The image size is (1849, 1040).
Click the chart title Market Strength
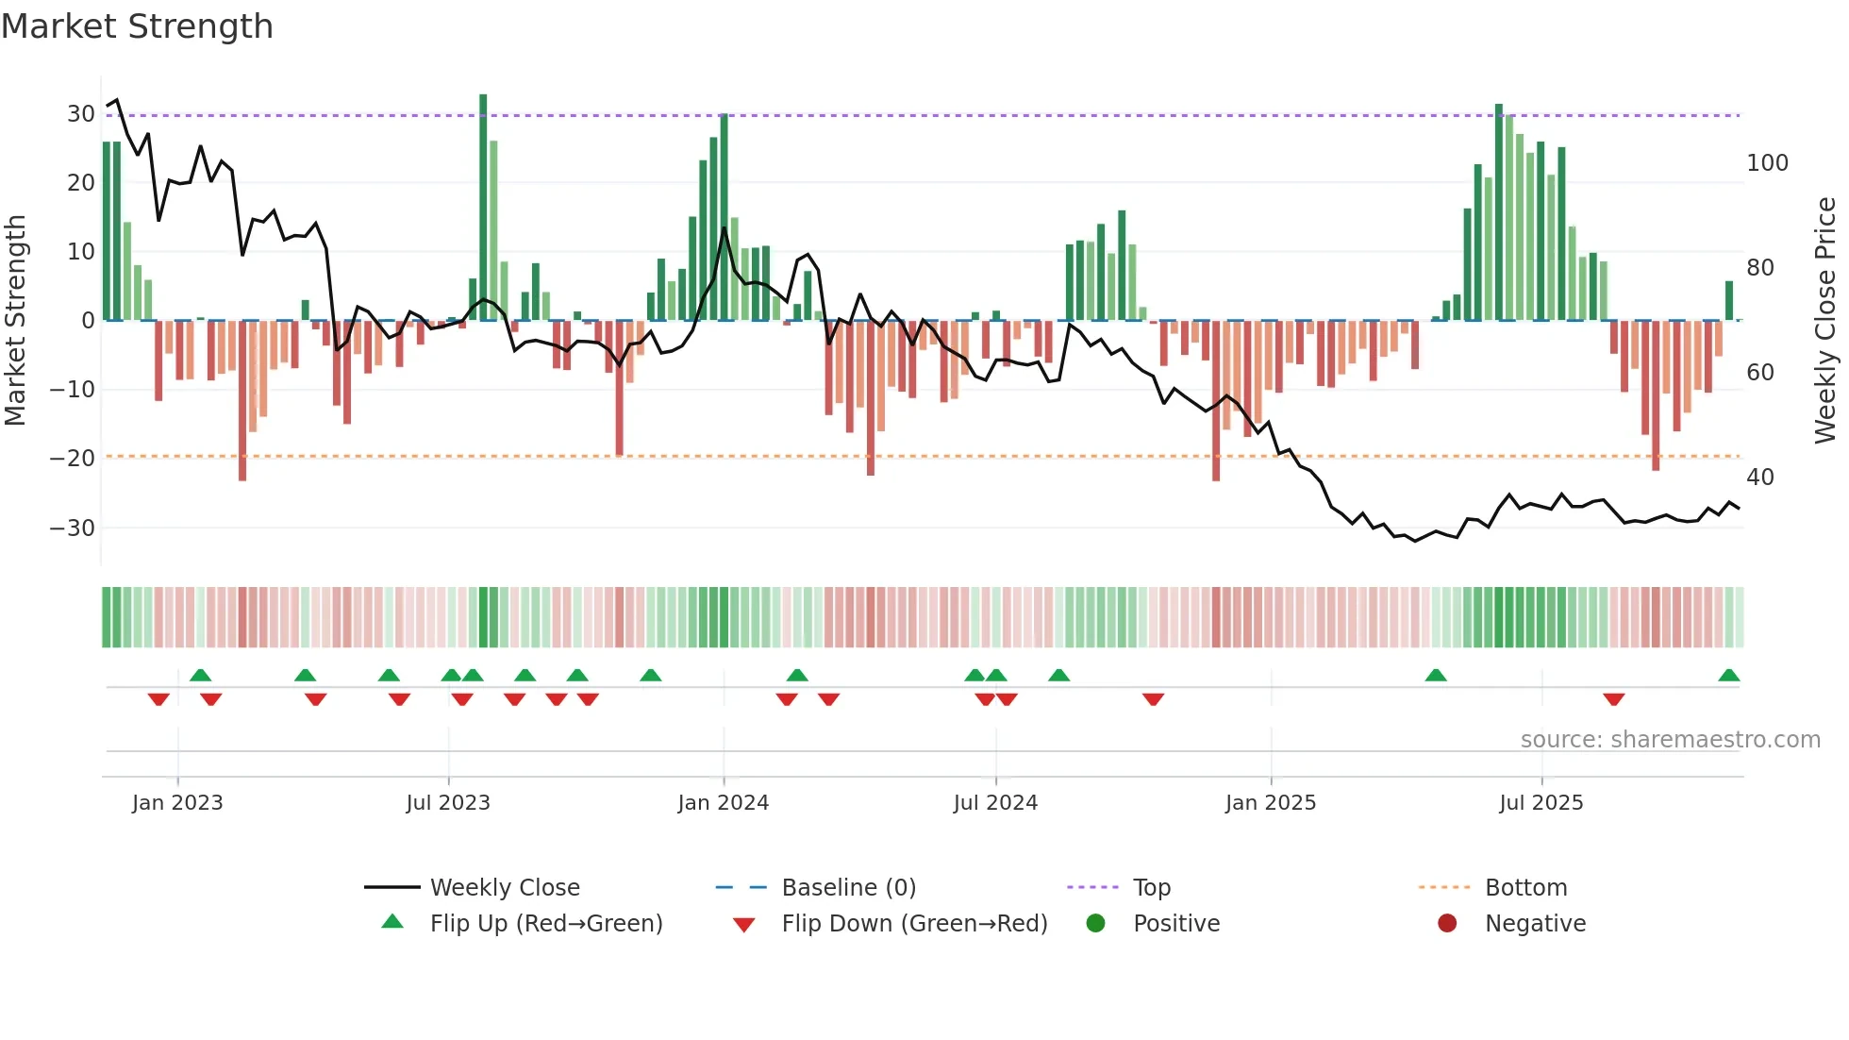pyautogui.click(x=137, y=26)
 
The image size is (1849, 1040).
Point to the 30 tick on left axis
pyautogui.click(x=81, y=114)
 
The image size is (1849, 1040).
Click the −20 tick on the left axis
pyautogui.click(x=73, y=459)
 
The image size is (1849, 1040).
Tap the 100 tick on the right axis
pyautogui.click(x=1767, y=163)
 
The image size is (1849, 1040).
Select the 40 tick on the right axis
pyautogui.click(x=1759, y=478)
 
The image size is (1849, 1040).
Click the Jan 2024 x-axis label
pyautogui.click(x=723, y=803)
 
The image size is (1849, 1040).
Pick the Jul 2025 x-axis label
pyautogui.click(x=1541, y=803)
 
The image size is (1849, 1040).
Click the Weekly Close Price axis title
pyautogui.click(x=1825, y=321)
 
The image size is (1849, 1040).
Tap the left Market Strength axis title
pyautogui.click(x=16, y=321)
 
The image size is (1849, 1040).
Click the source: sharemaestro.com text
pyautogui.click(x=1670, y=740)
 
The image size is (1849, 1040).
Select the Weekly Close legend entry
pyautogui.click(x=505, y=888)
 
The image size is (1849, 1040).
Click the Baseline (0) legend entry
pyautogui.click(x=848, y=888)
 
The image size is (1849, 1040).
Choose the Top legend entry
pyautogui.click(x=1151, y=888)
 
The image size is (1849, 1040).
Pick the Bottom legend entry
pyautogui.click(x=1525, y=888)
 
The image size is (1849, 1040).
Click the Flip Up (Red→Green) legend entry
pyautogui.click(x=546, y=924)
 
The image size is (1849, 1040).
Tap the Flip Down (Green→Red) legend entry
pyautogui.click(x=914, y=924)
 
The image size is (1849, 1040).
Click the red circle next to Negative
pyautogui.click(x=1447, y=924)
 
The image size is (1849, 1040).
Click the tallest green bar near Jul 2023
pyautogui.click(x=483, y=208)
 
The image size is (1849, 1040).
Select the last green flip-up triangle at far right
pyautogui.click(x=1728, y=676)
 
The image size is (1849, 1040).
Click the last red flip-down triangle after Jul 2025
pyautogui.click(x=1613, y=699)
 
